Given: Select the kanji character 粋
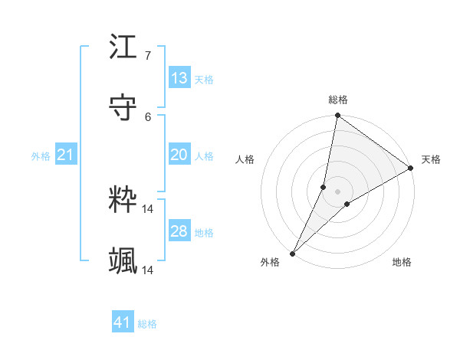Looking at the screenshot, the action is tap(123, 199).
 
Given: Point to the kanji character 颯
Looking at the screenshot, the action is tap(123, 260).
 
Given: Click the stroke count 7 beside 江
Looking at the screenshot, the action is tap(148, 56).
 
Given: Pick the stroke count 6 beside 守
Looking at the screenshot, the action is tap(148, 116).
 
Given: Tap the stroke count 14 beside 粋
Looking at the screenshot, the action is tap(148, 208).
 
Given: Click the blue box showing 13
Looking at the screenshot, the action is tap(179, 78).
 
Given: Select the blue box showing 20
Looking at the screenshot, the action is tap(179, 155).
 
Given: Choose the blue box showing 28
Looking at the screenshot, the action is tap(179, 231).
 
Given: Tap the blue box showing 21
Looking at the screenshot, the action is tap(66, 155).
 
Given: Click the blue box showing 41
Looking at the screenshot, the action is tap(123, 322).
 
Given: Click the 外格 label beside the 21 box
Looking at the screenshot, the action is tap(41, 156).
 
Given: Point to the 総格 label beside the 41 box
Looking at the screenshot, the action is tap(147, 324).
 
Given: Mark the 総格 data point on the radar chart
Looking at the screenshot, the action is tap(337, 116).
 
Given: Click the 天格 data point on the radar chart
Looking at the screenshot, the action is tap(411, 169).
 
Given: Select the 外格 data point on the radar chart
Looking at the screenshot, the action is tap(292, 253).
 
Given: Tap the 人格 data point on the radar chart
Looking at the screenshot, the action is tap(324, 187).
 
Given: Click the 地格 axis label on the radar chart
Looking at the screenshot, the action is tap(402, 263).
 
